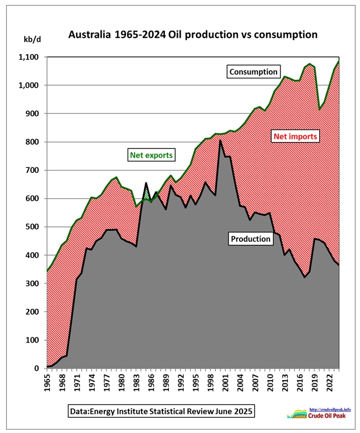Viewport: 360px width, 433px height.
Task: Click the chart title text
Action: pyautogui.click(x=192, y=34)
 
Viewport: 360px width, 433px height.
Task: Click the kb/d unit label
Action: pyautogui.click(x=30, y=40)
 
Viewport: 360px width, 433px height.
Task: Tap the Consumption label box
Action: pyautogui.click(x=253, y=71)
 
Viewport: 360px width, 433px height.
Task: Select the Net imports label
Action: pyautogui.click(x=298, y=136)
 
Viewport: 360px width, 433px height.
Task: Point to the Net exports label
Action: pyautogui.click(x=151, y=155)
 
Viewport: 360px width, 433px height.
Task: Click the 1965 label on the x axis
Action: pyautogui.click(x=48, y=382)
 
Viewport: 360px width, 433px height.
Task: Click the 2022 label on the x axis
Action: pyautogui.click(x=329, y=382)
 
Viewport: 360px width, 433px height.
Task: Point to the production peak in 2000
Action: pyautogui.click(x=220, y=141)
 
